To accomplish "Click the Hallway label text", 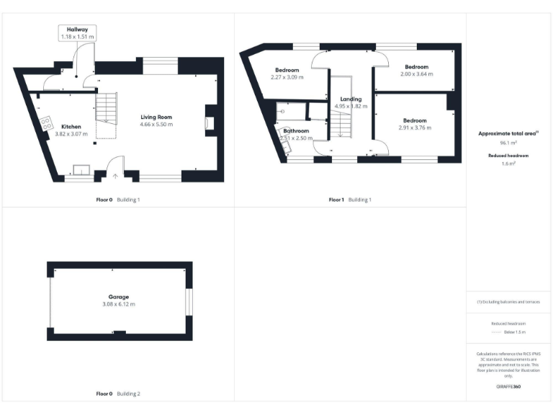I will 77,30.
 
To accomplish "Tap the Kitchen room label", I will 71,127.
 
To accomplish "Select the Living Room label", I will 156,117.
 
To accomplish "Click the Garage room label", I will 119,297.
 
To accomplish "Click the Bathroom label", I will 296,131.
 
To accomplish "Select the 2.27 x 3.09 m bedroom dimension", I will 286,77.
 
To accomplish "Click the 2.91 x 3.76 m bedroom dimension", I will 414,128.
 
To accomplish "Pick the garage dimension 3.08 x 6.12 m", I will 119,304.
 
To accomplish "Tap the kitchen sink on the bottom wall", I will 80,170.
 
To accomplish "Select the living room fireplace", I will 209,120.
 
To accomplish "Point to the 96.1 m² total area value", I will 508,143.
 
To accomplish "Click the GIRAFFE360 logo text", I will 508,387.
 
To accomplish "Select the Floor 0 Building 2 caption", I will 118,394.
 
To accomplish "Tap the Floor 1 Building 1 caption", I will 350,200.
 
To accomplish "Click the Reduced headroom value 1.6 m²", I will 508,164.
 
